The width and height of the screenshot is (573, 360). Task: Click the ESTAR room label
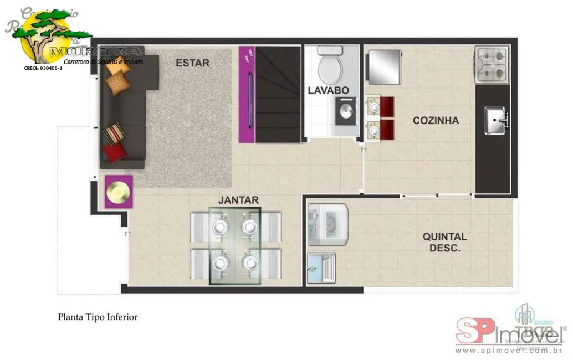(x=192, y=63)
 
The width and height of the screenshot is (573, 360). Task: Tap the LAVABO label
(x=328, y=90)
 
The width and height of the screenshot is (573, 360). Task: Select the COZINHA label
(x=436, y=120)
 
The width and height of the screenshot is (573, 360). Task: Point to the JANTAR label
(x=238, y=200)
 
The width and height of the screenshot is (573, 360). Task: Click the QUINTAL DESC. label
(x=444, y=243)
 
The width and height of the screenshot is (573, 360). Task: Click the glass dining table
(x=234, y=245)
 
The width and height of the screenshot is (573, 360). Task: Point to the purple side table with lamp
(x=119, y=192)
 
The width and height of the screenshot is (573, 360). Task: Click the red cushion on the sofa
(x=115, y=152)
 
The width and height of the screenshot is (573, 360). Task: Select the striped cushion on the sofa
(x=114, y=133)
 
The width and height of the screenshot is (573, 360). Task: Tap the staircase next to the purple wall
(x=279, y=94)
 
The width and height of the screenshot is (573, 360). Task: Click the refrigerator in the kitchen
(x=382, y=66)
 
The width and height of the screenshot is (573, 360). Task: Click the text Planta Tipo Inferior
(x=98, y=317)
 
